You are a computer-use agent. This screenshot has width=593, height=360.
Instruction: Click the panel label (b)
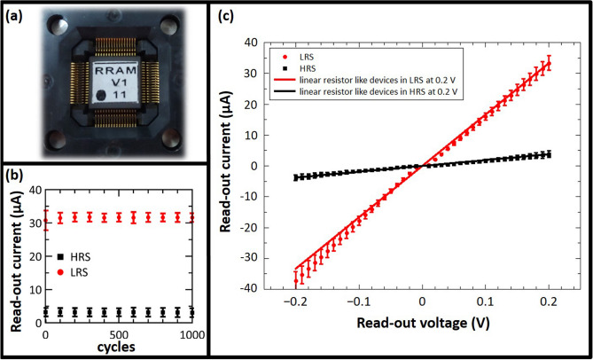pos(16,175)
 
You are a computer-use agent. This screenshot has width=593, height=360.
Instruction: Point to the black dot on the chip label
pos(101,95)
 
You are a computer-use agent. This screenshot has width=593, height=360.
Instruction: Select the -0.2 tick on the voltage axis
pos(295,301)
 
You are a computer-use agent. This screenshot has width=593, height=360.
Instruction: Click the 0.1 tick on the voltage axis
pos(487,301)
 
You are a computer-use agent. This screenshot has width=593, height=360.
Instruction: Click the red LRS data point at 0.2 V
pos(549,62)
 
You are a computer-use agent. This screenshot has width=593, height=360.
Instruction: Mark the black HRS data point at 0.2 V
pos(549,154)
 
